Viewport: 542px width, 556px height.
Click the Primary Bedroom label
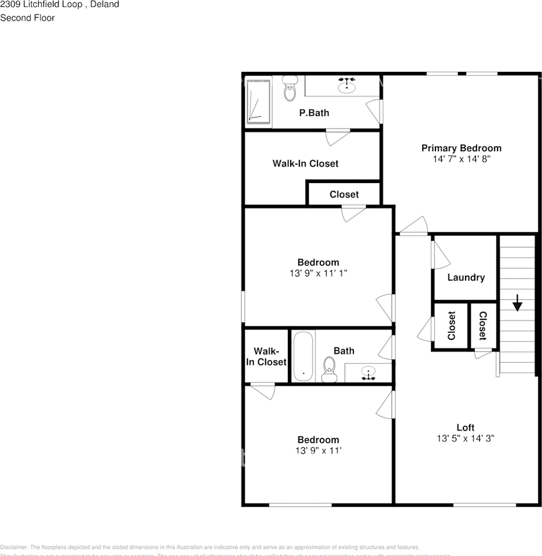coord(461,148)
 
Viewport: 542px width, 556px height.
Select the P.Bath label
coord(314,113)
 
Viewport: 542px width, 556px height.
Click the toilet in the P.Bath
coord(290,90)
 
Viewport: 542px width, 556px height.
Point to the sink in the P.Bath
coord(346,87)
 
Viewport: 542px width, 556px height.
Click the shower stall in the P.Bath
coord(258,101)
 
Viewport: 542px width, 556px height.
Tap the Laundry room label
coord(466,277)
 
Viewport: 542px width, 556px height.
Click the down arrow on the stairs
coord(517,302)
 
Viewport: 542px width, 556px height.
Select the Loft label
coord(465,428)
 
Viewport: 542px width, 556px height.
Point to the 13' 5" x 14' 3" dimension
coord(465,438)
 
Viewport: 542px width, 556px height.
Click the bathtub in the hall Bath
coord(303,356)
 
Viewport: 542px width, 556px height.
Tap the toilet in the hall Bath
coord(329,369)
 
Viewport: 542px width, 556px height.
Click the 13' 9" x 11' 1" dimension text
coord(318,273)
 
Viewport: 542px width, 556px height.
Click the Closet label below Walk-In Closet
coord(344,195)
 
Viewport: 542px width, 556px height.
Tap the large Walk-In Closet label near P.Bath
coord(305,164)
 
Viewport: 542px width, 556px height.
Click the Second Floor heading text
coord(27,18)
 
